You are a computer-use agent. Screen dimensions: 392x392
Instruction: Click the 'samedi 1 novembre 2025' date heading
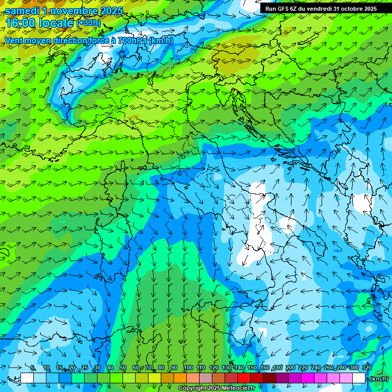pyautogui.click(x=64, y=11)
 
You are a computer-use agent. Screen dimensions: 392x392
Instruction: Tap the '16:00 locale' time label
pyautogui.click(x=39, y=23)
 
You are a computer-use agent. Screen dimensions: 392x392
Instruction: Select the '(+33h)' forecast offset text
pyautogui.click(x=88, y=23)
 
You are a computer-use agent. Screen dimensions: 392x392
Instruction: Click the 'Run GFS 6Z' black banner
pyautogui.click(x=321, y=9)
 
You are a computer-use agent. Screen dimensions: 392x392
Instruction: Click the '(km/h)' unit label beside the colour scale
pyautogui.click(x=378, y=378)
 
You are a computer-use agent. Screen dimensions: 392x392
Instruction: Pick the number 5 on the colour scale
pyautogui.click(x=33, y=368)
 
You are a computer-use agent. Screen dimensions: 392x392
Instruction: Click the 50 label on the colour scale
pyautogui.click(x=123, y=368)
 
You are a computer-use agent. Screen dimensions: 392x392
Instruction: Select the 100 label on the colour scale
pyautogui.click(x=188, y=368)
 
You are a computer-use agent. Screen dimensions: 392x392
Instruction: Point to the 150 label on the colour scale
pyautogui.click(x=252, y=368)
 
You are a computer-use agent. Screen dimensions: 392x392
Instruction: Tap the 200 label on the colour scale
pyautogui.click(x=290, y=368)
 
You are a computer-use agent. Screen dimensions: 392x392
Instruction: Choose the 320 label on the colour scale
pyautogui.click(x=366, y=368)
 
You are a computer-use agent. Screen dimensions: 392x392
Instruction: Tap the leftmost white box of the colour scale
pyautogui.click(x=27, y=378)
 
